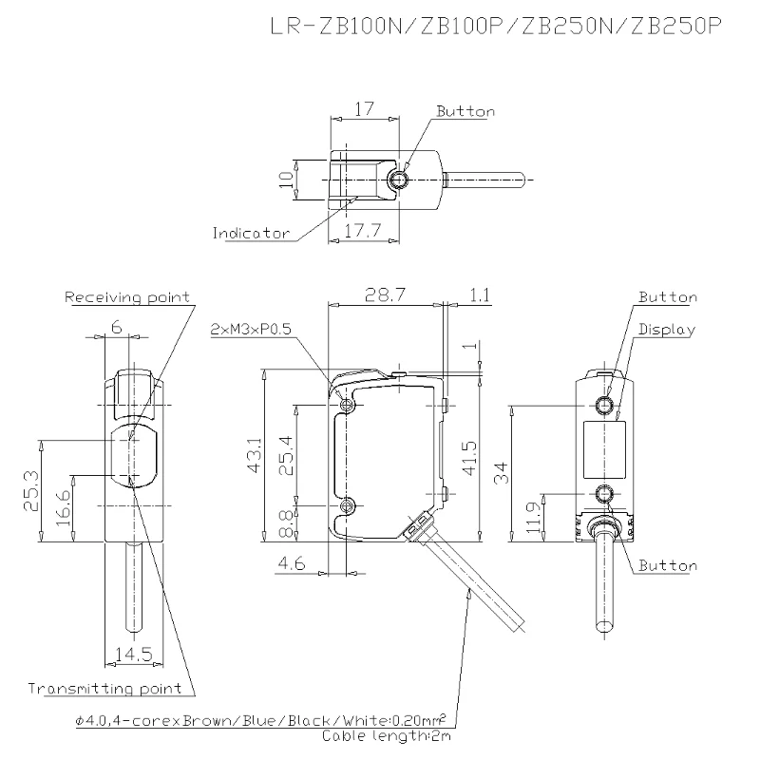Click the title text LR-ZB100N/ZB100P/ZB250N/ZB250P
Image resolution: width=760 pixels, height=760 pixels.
pyautogui.click(x=496, y=27)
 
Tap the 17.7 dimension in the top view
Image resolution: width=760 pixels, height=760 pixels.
pyautogui.click(x=363, y=230)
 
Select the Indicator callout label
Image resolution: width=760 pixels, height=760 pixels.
pyautogui.click(x=251, y=233)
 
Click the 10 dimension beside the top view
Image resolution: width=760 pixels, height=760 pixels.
pyautogui.click(x=287, y=180)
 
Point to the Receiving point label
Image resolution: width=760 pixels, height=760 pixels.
pyautogui.click(x=127, y=297)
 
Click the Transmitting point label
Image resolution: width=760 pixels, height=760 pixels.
pyautogui.click(x=104, y=688)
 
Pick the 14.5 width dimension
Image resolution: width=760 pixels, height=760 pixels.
pyautogui.click(x=134, y=655)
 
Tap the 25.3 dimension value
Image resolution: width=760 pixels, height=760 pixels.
pyautogui.click(x=32, y=491)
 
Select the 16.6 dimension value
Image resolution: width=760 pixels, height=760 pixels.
pyautogui.click(x=64, y=507)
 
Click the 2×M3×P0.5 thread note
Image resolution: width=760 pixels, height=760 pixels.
pyautogui.click(x=251, y=330)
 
